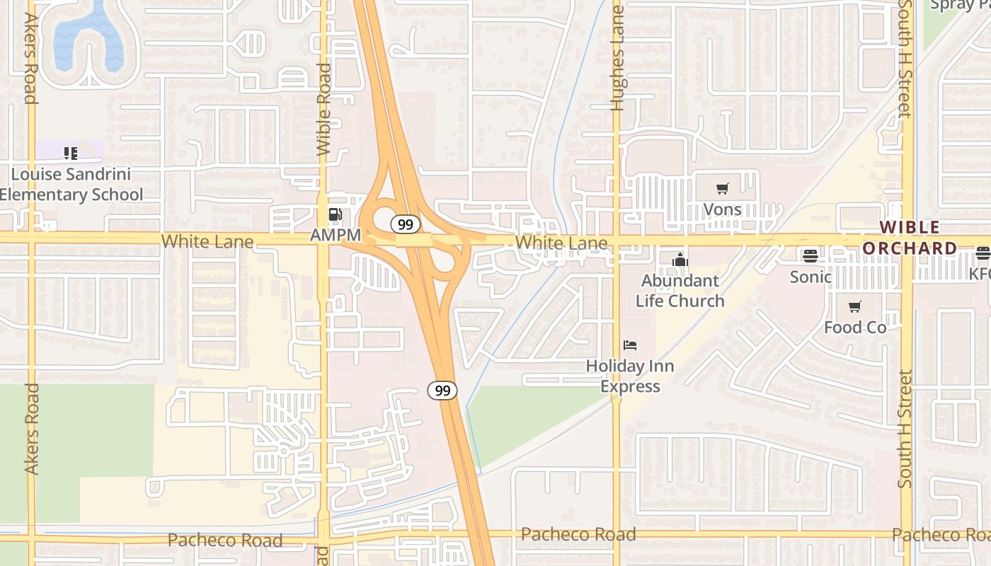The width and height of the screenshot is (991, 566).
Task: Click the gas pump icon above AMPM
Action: tap(336, 214)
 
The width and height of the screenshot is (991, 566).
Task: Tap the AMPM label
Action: tap(336, 235)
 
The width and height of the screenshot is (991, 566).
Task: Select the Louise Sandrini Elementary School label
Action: tap(71, 184)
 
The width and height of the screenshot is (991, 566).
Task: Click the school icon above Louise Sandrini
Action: tap(71, 153)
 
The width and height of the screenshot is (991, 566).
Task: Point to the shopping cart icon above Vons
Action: tap(722, 189)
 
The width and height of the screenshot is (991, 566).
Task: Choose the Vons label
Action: tap(722, 209)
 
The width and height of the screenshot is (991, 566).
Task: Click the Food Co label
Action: tap(854, 328)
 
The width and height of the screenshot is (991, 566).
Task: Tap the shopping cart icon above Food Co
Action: tap(854, 307)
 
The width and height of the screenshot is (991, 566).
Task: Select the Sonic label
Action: tap(810, 277)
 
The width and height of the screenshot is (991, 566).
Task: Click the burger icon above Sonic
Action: tap(810, 256)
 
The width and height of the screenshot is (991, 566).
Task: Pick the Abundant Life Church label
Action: tap(680, 291)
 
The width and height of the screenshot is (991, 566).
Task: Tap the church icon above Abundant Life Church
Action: tap(680, 260)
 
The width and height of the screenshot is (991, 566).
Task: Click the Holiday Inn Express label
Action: tap(630, 376)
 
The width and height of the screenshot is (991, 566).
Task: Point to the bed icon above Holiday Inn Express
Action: tap(630, 345)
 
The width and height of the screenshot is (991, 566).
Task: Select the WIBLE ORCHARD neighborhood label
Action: tap(910, 238)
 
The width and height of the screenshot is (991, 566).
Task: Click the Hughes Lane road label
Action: tap(617, 58)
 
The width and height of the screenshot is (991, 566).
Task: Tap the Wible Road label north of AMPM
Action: tap(324, 110)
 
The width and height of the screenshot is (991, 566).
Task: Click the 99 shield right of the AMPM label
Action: tap(405, 225)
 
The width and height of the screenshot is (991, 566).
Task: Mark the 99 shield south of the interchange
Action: tap(442, 390)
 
